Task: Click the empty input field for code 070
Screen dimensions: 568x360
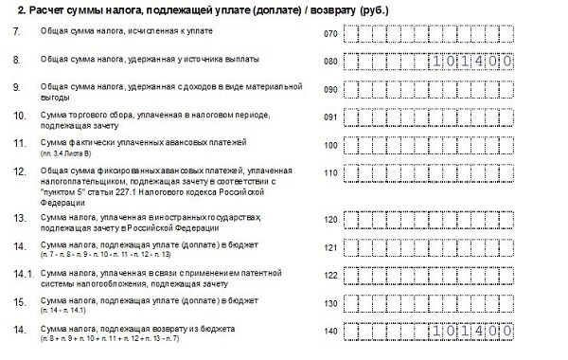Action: pos(429,34)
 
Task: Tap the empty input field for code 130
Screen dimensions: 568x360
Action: pos(429,302)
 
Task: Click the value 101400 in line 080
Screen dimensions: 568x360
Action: pos(471,62)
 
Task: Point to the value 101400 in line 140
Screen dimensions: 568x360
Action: pos(471,330)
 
